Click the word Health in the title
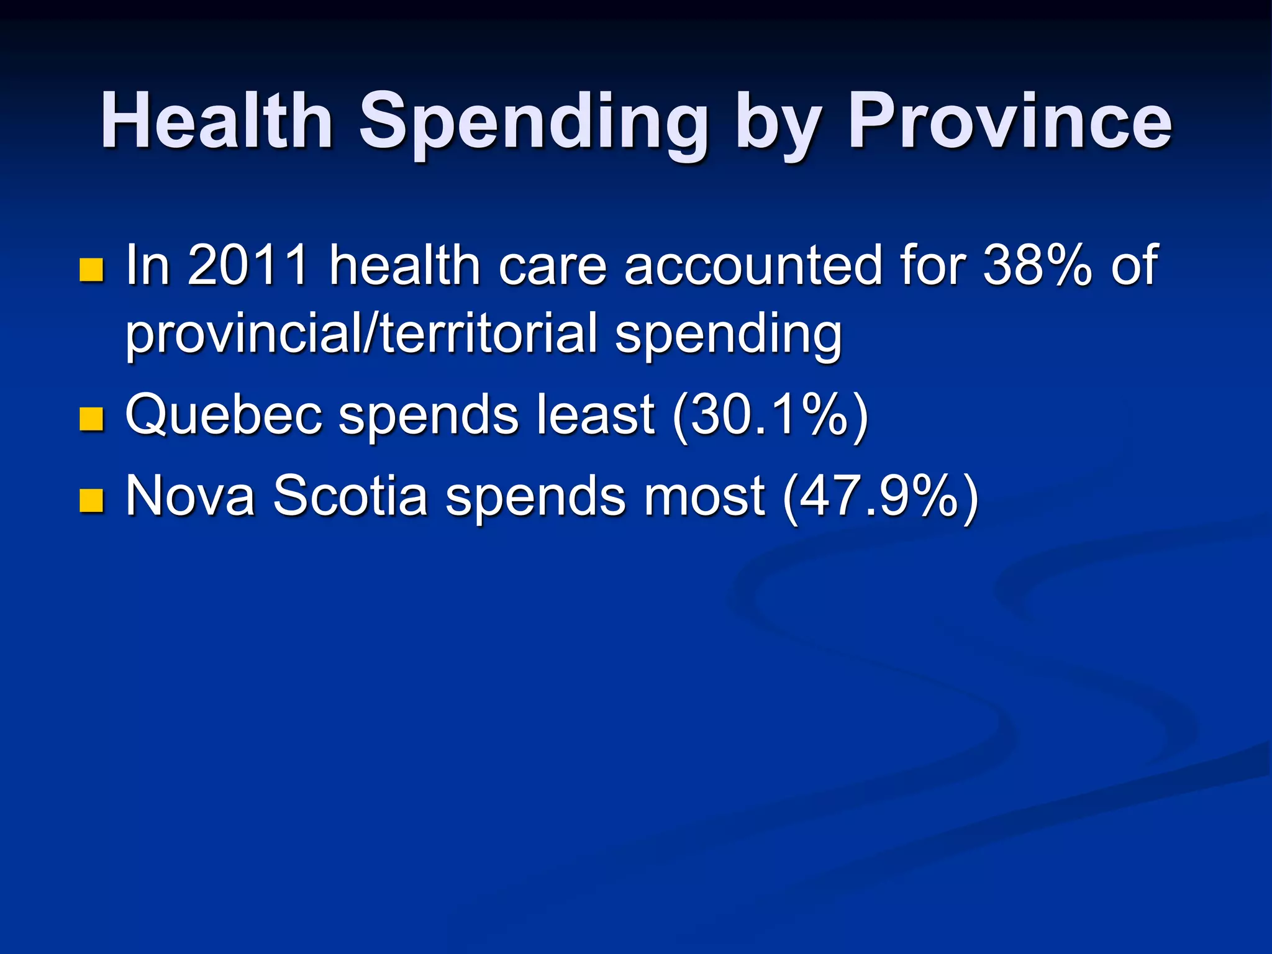click(217, 120)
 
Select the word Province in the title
click(1010, 120)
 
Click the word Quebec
click(224, 415)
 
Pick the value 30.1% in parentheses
click(770, 415)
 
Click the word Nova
click(190, 496)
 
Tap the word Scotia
click(350, 496)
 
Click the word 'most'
click(704, 496)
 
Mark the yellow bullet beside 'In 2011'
click(91, 270)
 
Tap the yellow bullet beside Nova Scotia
click(91, 500)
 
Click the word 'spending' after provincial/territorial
click(728, 334)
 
